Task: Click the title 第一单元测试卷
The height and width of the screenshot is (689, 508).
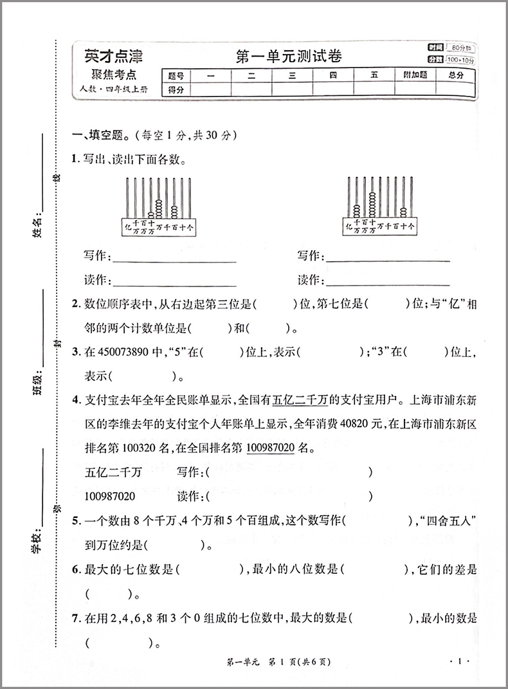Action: click(289, 57)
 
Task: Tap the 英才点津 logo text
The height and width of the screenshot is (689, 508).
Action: click(113, 55)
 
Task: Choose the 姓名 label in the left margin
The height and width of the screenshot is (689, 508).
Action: click(37, 228)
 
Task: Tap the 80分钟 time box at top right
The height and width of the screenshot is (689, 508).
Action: click(460, 48)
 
